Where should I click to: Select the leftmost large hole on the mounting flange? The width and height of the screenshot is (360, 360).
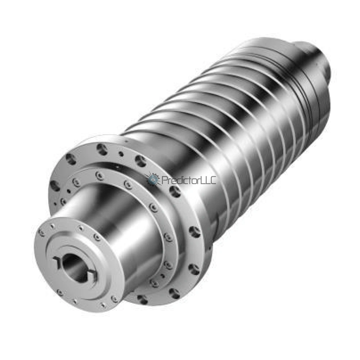[x=55, y=186]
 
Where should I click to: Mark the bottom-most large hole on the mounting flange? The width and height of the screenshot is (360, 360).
[x=143, y=299]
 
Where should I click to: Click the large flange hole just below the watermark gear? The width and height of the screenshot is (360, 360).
[x=175, y=192]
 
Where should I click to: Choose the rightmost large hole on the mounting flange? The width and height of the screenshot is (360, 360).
[x=195, y=232]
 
